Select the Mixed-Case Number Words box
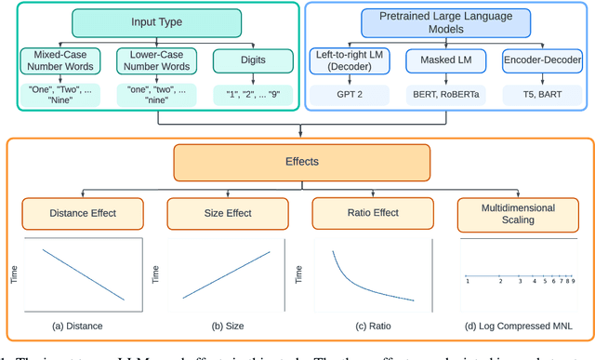tap(59, 61)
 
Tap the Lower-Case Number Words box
tap(152, 61)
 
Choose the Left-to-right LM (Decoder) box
tap(351, 61)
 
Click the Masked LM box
tap(444, 61)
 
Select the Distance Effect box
tap(82, 213)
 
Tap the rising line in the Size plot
tap(228, 273)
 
